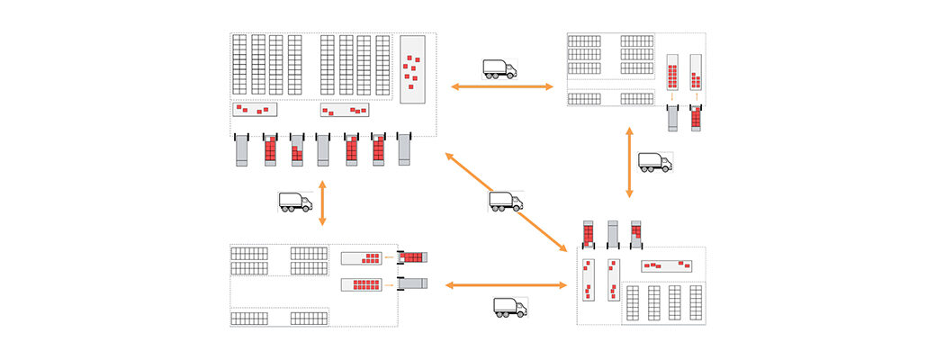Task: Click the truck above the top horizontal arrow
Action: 499,68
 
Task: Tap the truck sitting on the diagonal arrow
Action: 506,201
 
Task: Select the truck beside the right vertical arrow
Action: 655,162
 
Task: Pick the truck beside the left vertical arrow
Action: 295,202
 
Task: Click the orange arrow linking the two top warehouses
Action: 502,86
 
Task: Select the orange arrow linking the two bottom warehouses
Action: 507,285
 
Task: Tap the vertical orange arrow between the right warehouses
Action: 629,162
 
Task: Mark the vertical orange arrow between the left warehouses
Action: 322,202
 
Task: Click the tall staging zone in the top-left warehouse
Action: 413,69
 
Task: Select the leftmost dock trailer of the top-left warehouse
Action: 241,150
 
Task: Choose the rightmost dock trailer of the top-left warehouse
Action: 403,150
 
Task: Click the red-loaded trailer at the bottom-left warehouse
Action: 412,256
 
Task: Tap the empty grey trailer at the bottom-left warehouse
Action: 412,284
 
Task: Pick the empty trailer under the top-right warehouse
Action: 672,118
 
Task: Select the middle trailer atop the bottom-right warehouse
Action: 613,233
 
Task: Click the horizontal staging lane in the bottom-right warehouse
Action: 668,266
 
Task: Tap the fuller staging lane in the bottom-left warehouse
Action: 362,284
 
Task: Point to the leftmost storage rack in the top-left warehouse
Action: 239,65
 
